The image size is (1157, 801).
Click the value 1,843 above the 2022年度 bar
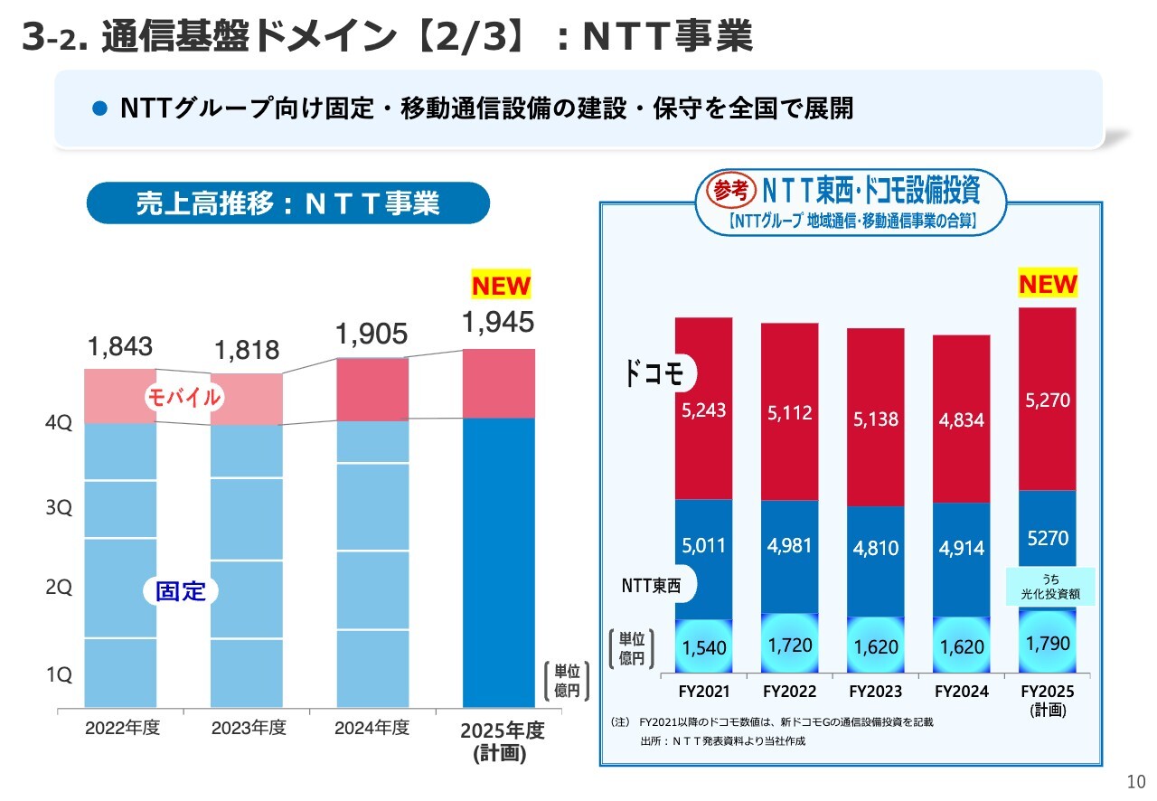120,346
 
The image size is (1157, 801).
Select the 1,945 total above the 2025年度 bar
498,322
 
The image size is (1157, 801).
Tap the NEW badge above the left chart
501,287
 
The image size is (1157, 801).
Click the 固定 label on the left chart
181,592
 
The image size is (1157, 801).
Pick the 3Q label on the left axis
59,508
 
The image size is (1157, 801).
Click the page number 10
1135,782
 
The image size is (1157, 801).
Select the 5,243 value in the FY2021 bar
704,410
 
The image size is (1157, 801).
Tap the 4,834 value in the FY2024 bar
961,420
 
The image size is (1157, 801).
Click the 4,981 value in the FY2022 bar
790,546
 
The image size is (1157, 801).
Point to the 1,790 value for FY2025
1048,645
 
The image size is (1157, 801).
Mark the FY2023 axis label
876,692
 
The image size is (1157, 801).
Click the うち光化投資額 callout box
1050,586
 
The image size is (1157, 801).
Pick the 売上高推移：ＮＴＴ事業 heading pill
287,203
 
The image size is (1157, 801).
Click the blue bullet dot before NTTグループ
101,109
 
